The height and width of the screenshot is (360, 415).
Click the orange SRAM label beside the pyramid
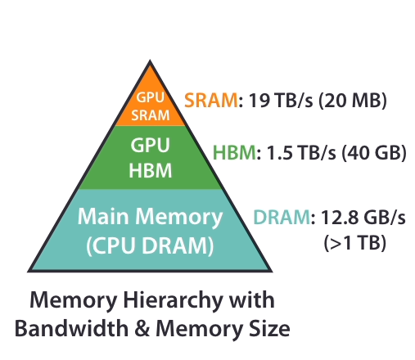(x=211, y=100)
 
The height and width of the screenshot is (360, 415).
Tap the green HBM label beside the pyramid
(x=234, y=152)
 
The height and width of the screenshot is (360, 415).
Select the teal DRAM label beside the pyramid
(x=282, y=218)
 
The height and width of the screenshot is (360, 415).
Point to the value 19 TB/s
(x=281, y=100)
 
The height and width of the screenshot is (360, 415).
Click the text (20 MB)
(x=353, y=100)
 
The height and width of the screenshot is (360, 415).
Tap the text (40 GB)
(x=374, y=152)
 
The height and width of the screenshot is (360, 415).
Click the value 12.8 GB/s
(x=363, y=218)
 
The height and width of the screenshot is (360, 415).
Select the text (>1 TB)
(x=355, y=242)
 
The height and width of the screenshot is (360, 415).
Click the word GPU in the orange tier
(x=151, y=97)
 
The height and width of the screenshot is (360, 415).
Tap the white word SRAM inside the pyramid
(x=151, y=115)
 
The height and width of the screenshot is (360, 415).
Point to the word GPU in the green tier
(x=150, y=145)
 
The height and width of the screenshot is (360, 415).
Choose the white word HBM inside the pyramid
(x=151, y=171)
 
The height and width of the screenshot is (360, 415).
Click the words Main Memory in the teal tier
(x=150, y=217)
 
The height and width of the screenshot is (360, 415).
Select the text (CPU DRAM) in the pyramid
(x=150, y=245)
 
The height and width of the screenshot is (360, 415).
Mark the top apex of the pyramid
(x=150, y=60)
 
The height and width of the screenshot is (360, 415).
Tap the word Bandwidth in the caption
(x=71, y=328)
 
